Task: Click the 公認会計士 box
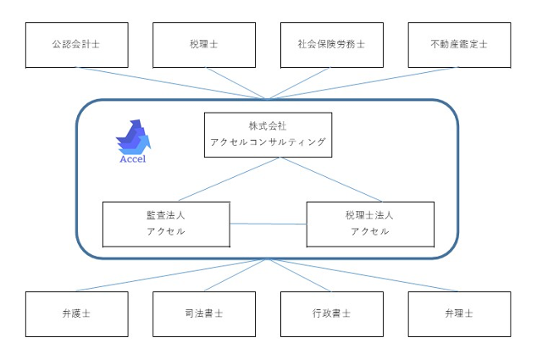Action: [77, 45]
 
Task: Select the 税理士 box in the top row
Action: [204, 45]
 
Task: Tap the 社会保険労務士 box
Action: [332, 45]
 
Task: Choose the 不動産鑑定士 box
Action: [459, 45]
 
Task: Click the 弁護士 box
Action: [77, 314]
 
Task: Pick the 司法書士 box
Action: [204, 314]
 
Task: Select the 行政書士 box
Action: [332, 314]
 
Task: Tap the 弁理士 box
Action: [459, 314]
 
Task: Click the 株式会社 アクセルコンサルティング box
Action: [268, 134]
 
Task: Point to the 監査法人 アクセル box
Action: [166, 224]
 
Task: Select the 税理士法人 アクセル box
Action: [370, 224]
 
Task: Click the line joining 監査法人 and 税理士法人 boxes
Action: [268, 224]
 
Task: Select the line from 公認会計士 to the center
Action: [169, 83]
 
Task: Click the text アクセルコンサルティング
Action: [268, 142]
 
